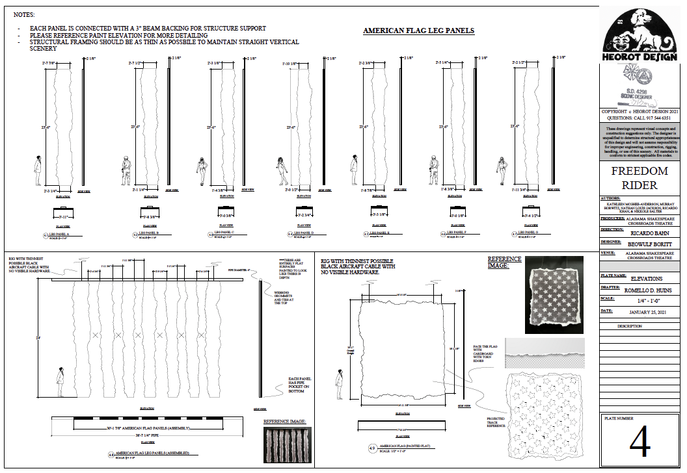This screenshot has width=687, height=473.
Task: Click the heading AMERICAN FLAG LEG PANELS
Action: pyautogui.click(x=418, y=31)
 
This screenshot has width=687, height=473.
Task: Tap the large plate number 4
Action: pyautogui.click(x=640, y=442)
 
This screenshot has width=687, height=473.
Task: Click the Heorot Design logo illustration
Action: pyautogui.click(x=640, y=33)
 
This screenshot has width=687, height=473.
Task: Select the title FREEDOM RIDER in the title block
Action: pyautogui.click(x=640, y=178)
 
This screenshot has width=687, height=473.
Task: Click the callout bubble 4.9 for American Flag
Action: pyautogui.click(x=371, y=448)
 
